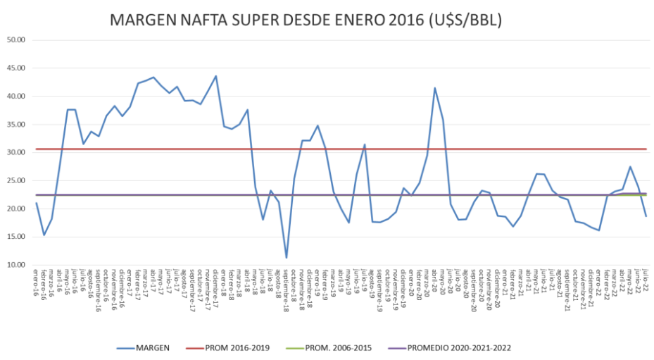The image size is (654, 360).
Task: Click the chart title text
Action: click(x=306, y=21)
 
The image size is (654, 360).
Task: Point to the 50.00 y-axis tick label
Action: click(x=15, y=40)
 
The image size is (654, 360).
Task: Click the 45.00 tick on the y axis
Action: click(x=15, y=68)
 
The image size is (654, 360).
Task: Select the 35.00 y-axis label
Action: click(x=15, y=125)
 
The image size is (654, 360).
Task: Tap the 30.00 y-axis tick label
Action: click(x=15, y=153)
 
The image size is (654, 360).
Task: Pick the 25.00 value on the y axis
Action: click(x=15, y=181)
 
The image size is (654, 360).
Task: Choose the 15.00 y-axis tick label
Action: click(x=15, y=237)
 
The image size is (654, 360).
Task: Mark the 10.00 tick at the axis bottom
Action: click(x=15, y=266)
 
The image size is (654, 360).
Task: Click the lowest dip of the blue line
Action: click(x=287, y=258)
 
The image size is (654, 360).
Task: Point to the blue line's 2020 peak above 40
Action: click(x=435, y=88)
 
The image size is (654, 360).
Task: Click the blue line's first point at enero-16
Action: click(x=36, y=203)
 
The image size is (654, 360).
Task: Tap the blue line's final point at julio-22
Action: click(x=646, y=216)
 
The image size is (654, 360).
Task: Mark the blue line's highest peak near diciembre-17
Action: click(x=216, y=76)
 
